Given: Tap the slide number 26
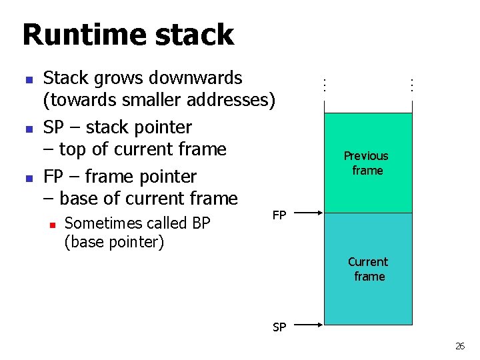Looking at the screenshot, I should point(460,346).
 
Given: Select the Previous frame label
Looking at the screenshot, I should point(366,163).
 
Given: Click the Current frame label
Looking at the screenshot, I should point(368,269).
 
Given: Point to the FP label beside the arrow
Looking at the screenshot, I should point(279,215).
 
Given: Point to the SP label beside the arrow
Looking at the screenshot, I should point(279,327).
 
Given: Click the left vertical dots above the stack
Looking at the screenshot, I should point(323,85).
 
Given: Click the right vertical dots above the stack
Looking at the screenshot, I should point(412,85).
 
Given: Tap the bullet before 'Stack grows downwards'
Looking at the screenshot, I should point(28,79).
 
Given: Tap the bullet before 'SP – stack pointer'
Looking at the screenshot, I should point(28,128).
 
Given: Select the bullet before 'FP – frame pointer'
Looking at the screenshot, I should point(28,178).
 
